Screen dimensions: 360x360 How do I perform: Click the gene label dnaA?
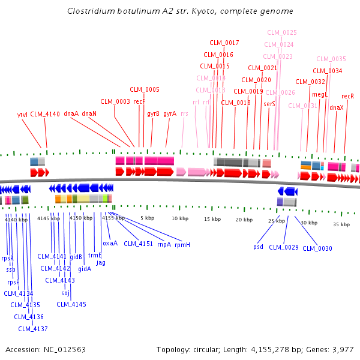(71, 113)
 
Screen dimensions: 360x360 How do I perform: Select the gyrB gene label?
(154, 113)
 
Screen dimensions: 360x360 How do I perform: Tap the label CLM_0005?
(145, 89)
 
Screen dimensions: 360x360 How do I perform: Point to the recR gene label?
(347, 96)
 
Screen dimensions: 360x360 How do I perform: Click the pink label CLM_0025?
(282, 32)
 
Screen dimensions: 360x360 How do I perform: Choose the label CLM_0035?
(331, 59)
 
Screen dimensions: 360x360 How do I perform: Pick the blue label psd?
(258, 247)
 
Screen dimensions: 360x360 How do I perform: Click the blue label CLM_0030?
(317, 248)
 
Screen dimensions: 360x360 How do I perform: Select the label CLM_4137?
(32, 328)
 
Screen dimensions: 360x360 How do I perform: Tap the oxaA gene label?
(110, 243)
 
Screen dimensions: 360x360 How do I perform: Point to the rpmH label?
(182, 245)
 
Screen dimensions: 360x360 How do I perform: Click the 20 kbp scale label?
(244, 220)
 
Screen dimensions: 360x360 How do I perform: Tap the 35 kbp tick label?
(341, 224)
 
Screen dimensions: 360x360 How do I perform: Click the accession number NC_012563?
(69, 349)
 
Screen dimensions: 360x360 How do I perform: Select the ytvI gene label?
(22, 114)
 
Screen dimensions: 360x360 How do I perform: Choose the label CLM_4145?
(71, 304)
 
